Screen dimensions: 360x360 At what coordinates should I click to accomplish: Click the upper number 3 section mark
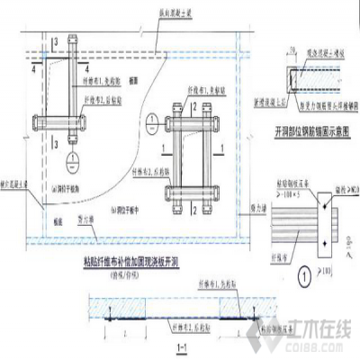[55, 42]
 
